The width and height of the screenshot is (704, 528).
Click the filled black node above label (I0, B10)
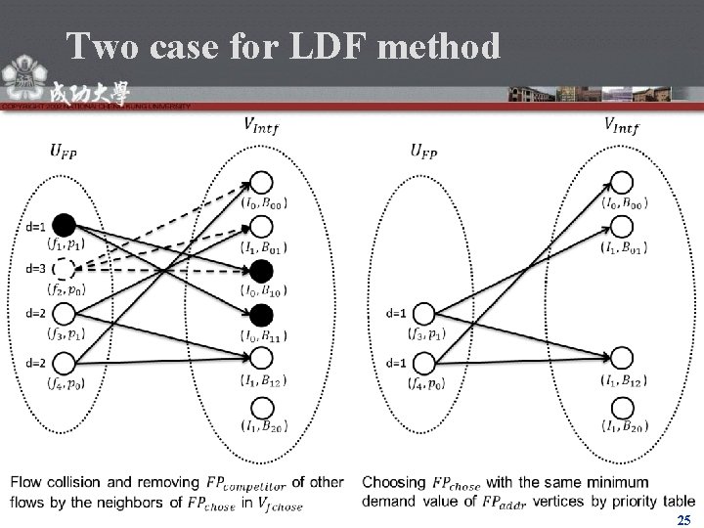(261, 270)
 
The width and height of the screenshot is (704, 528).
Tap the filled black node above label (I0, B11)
(261, 314)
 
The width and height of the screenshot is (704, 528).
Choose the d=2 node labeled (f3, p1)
(64, 313)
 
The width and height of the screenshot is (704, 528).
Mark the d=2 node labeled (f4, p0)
(64, 362)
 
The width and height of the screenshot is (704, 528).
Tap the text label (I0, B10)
(262, 291)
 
